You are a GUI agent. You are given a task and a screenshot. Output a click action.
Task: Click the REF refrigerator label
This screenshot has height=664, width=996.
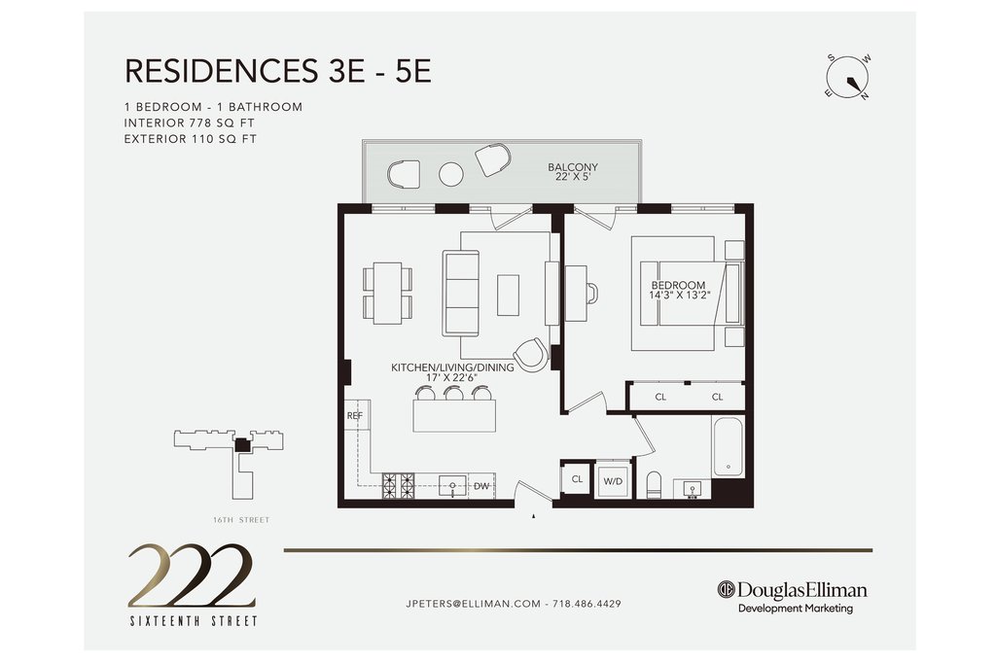pos(354,416)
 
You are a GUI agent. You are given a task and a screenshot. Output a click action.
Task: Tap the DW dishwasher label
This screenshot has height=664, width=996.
pos(481,486)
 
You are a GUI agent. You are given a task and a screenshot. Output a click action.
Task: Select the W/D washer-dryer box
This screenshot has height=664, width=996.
pos(613,480)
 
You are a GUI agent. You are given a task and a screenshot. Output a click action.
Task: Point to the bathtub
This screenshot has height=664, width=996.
pos(728,447)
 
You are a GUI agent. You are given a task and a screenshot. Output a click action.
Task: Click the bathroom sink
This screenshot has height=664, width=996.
pos(692,489)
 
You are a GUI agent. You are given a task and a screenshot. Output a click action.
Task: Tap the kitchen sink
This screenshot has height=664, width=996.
pos(452,486)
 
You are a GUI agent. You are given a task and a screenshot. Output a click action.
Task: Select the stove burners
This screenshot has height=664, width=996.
pos(398,486)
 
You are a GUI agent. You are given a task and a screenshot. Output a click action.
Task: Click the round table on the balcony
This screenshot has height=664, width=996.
pos(451,174)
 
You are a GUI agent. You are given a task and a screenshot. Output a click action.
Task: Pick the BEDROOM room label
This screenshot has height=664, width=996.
pos(678,286)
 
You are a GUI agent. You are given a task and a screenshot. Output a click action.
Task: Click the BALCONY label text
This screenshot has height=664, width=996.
pos(573,167)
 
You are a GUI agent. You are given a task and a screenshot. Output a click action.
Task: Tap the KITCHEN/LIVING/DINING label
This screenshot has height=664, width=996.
pos(452,367)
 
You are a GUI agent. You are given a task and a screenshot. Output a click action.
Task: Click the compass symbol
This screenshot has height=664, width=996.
pos(847,78)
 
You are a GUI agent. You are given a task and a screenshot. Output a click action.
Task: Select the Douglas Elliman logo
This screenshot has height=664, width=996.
pos(792,597)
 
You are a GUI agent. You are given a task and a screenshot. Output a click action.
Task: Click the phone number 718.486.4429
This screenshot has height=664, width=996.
pos(587,604)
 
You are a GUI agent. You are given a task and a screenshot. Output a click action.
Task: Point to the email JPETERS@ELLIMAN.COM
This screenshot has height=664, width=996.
pos(474,604)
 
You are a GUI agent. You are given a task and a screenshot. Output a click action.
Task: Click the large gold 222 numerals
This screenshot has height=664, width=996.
pos(192,576)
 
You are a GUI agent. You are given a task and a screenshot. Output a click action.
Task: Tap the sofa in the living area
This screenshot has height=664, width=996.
pos(460,294)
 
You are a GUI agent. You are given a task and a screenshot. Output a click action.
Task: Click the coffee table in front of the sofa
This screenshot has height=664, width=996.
pos(508,295)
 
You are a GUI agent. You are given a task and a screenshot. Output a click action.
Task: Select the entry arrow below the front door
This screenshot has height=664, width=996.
pos(534,517)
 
